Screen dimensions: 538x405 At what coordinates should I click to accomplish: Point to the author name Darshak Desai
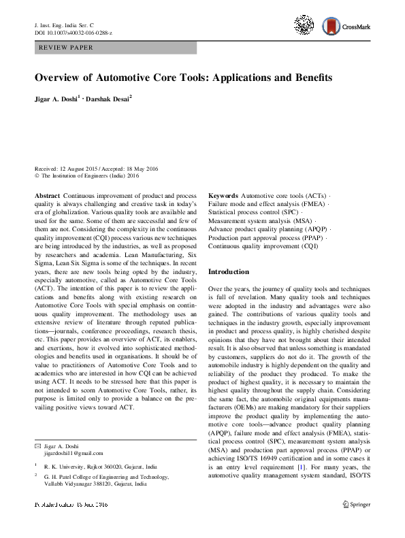pyautogui.click(x=110, y=98)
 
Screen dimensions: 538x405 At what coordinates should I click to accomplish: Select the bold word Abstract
pyautogui.click(x=48, y=195)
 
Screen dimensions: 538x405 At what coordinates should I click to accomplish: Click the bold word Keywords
pyautogui.click(x=224, y=195)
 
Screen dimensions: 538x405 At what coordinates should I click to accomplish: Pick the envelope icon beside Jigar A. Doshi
pyautogui.click(x=37, y=445)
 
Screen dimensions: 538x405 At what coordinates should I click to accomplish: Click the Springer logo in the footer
pyautogui.click(x=356, y=505)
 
